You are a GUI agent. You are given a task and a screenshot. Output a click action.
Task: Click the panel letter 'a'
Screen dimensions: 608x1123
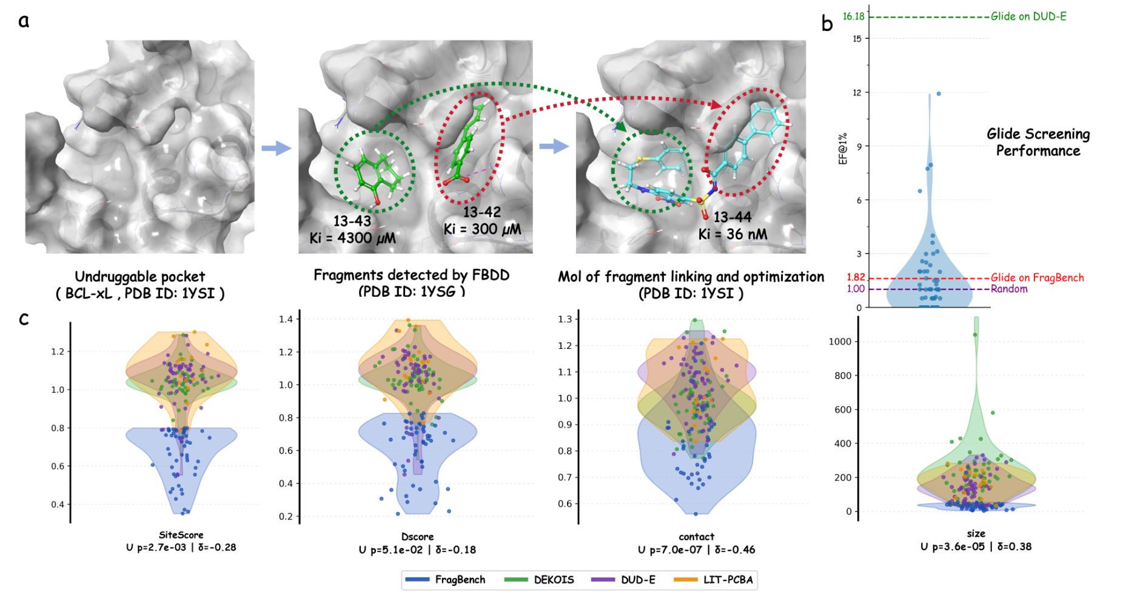pyautogui.click(x=24, y=21)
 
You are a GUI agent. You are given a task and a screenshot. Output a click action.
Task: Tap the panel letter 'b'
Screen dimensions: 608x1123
pyautogui.click(x=827, y=24)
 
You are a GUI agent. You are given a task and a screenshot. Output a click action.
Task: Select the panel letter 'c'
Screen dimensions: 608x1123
pyautogui.click(x=24, y=319)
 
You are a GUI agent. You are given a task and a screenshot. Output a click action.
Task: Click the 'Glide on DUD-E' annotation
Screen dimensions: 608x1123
pyautogui.click(x=1028, y=16)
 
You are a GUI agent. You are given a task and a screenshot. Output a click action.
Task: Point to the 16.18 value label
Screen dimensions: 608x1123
pyautogui.click(x=853, y=16)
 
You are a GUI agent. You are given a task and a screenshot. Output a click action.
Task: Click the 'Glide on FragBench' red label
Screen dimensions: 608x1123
pyautogui.click(x=1037, y=278)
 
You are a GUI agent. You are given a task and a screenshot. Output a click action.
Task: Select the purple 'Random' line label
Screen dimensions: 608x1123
pyautogui.click(x=1009, y=289)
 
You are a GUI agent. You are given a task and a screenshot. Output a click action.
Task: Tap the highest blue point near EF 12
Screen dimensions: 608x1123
pyautogui.click(x=939, y=93)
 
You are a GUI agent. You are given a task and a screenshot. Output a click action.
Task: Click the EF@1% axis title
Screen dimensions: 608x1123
pyautogui.click(x=842, y=149)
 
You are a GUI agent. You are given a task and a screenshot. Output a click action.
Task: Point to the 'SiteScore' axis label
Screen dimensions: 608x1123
pyautogui.click(x=181, y=535)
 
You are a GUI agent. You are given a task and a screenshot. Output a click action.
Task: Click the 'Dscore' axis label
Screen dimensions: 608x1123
pyautogui.click(x=417, y=536)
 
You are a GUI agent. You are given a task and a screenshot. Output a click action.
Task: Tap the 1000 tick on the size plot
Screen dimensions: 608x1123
pyautogui.click(x=840, y=342)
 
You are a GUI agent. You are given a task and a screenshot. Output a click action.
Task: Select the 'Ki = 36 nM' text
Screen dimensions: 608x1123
pyautogui.click(x=732, y=234)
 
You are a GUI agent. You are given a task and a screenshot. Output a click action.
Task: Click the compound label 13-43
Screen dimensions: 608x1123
pyautogui.click(x=352, y=221)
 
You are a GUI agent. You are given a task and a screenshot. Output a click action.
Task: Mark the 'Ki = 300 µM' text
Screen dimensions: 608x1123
pyautogui.click(x=482, y=229)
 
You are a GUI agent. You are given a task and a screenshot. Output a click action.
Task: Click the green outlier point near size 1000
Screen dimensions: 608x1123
pyautogui.click(x=975, y=334)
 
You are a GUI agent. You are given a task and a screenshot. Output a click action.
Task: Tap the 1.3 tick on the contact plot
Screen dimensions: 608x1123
pyautogui.click(x=565, y=319)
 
